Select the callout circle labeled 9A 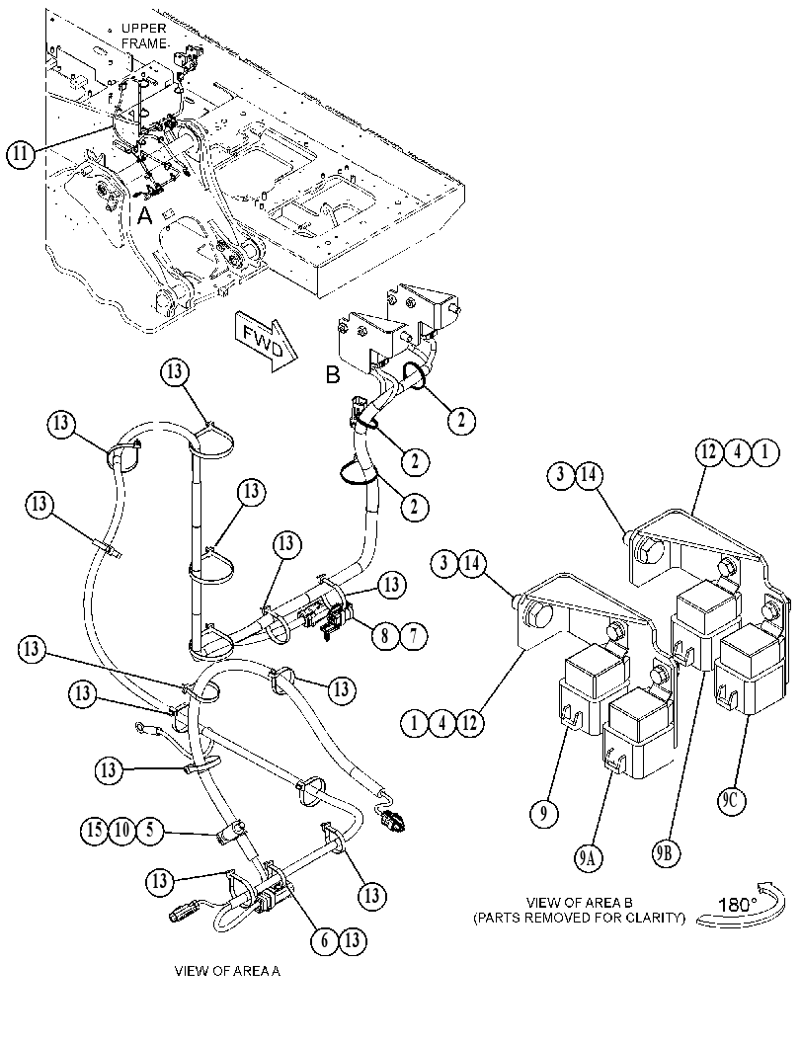coord(587,859)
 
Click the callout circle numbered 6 coord(325,940)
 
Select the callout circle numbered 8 coord(385,635)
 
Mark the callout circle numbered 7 coord(413,635)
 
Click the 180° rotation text coord(737,905)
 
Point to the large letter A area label coord(145,215)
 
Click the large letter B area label coord(332,375)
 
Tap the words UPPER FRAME coord(144,36)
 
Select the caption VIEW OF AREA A coord(227,971)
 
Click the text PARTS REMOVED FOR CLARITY coord(579,919)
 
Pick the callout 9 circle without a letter coord(544,813)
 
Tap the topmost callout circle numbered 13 coord(175,372)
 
